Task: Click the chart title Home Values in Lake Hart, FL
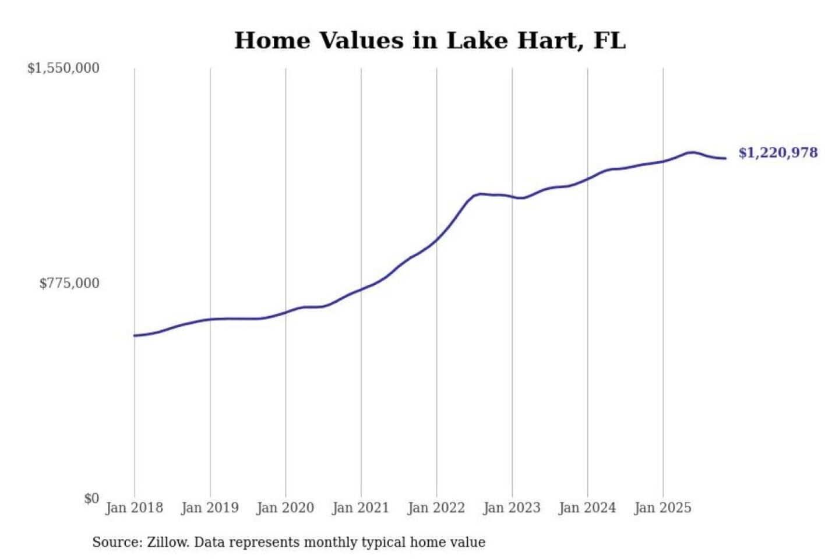tap(430, 41)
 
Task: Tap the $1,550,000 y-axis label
tap(64, 68)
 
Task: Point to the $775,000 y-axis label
tap(69, 284)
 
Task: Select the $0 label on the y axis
tap(91, 498)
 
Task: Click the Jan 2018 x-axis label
tap(135, 508)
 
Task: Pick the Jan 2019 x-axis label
tap(210, 508)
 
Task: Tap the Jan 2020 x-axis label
tap(285, 508)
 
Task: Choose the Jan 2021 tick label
tap(361, 508)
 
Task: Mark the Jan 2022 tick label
tap(436, 508)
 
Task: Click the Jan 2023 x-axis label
tap(512, 508)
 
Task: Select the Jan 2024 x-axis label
tap(587, 508)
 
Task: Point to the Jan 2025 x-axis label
tap(662, 508)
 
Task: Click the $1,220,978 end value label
tap(778, 153)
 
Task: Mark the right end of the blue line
tap(725, 158)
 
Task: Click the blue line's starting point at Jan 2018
tap(135, 335)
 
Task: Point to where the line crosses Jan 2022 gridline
tap(436, 239)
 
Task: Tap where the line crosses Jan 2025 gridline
tap(663, 161)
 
